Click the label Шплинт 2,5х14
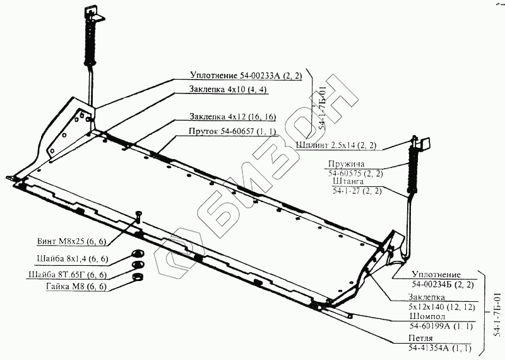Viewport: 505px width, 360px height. click(336, 146)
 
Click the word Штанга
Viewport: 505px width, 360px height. click(347, 182)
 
